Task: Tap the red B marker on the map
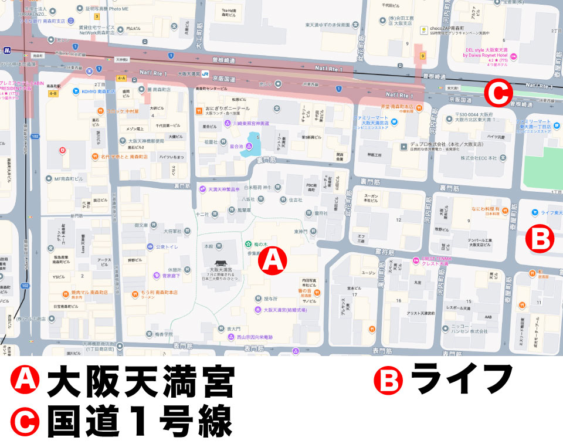[x=539, y=239]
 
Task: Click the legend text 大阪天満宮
[x=141, y=381]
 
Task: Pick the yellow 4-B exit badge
[x=54, y=93]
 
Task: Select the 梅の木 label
[x=260, y=243]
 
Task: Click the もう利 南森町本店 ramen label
[x=152, y=292]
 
